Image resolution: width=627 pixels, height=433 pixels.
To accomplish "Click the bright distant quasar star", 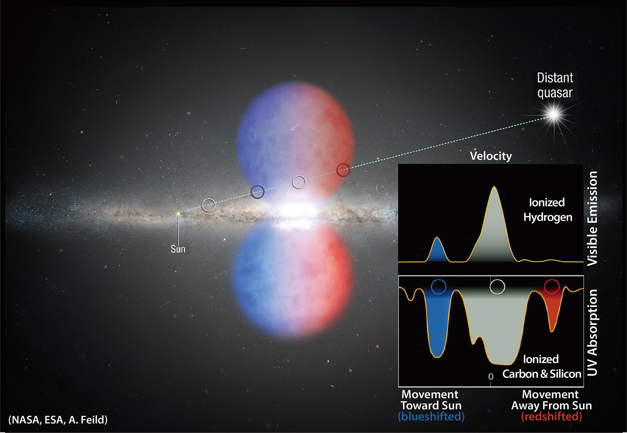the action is [553, 115].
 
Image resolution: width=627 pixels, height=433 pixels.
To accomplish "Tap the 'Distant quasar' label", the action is [555, 85].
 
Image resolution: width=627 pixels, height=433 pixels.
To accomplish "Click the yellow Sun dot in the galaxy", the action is [178, 214].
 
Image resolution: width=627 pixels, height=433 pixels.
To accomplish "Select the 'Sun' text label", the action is [178, 249].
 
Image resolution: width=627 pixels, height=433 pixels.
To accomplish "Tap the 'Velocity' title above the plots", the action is [491, 156].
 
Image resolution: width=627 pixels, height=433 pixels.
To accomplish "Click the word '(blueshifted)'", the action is [431, 417].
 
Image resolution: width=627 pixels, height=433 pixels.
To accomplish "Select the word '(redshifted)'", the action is [552, 417].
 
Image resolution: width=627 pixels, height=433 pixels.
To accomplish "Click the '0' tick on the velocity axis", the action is [490, 377].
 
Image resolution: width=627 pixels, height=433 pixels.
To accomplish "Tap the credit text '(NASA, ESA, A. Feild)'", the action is [58, 420].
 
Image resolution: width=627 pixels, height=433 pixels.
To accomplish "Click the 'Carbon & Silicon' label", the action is [542, 374].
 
